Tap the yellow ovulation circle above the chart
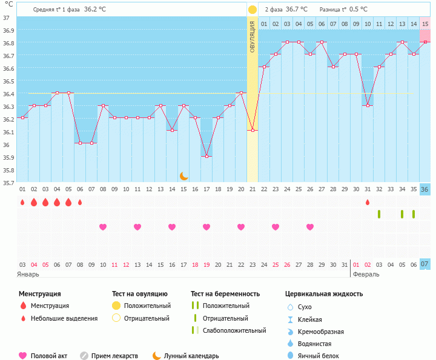coord(253,10)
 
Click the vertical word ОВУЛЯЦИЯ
coord(253,36)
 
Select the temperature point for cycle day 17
coord(207,156)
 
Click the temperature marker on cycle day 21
coord(253,130)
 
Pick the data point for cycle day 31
coord(368,105)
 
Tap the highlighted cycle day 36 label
coord(425,189)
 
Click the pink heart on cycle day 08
coord(103,227)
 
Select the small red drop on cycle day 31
coord(368,202)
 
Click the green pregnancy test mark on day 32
coord(379,214)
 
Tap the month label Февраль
coord(366,274)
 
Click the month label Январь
coord(28,274)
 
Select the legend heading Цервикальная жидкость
coord(324,294)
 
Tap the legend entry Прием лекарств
coord(114,356)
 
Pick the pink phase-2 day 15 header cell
coord(425,24)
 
